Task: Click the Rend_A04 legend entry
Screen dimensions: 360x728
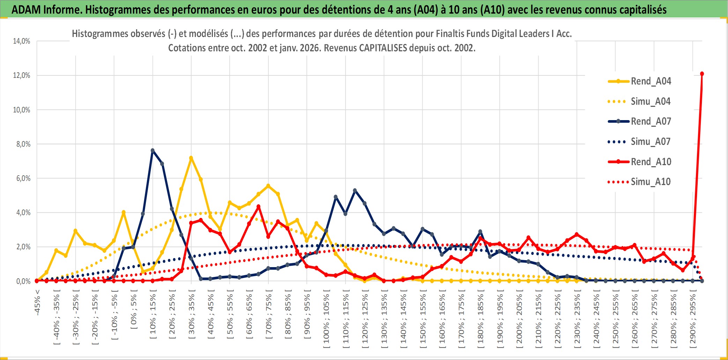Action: tap(651, 81)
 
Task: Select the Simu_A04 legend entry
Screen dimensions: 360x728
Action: tap(651, 102)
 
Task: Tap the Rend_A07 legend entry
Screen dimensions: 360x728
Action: tap(651, 122)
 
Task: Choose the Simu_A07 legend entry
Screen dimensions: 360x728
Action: tap(651, 142)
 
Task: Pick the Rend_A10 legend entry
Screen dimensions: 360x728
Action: tap(651, 162)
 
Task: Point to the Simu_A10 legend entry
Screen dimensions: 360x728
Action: tap(651, 182)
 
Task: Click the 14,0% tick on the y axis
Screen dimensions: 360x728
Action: tap(22, 41)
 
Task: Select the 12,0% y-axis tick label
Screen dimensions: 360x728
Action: tap(22, 75)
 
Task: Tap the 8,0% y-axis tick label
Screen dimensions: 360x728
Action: tap(23, 144)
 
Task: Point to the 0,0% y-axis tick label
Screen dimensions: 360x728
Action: tap(23, 281)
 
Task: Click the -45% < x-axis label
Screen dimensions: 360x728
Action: tap(37, 302)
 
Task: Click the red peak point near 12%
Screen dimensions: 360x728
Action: tap(702, 74)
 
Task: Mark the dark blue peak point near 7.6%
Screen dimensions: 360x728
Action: tap(153, 150)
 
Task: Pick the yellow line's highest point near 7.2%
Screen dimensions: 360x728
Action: tap(191, 158)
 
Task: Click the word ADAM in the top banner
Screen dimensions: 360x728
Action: tap(26, 10)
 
